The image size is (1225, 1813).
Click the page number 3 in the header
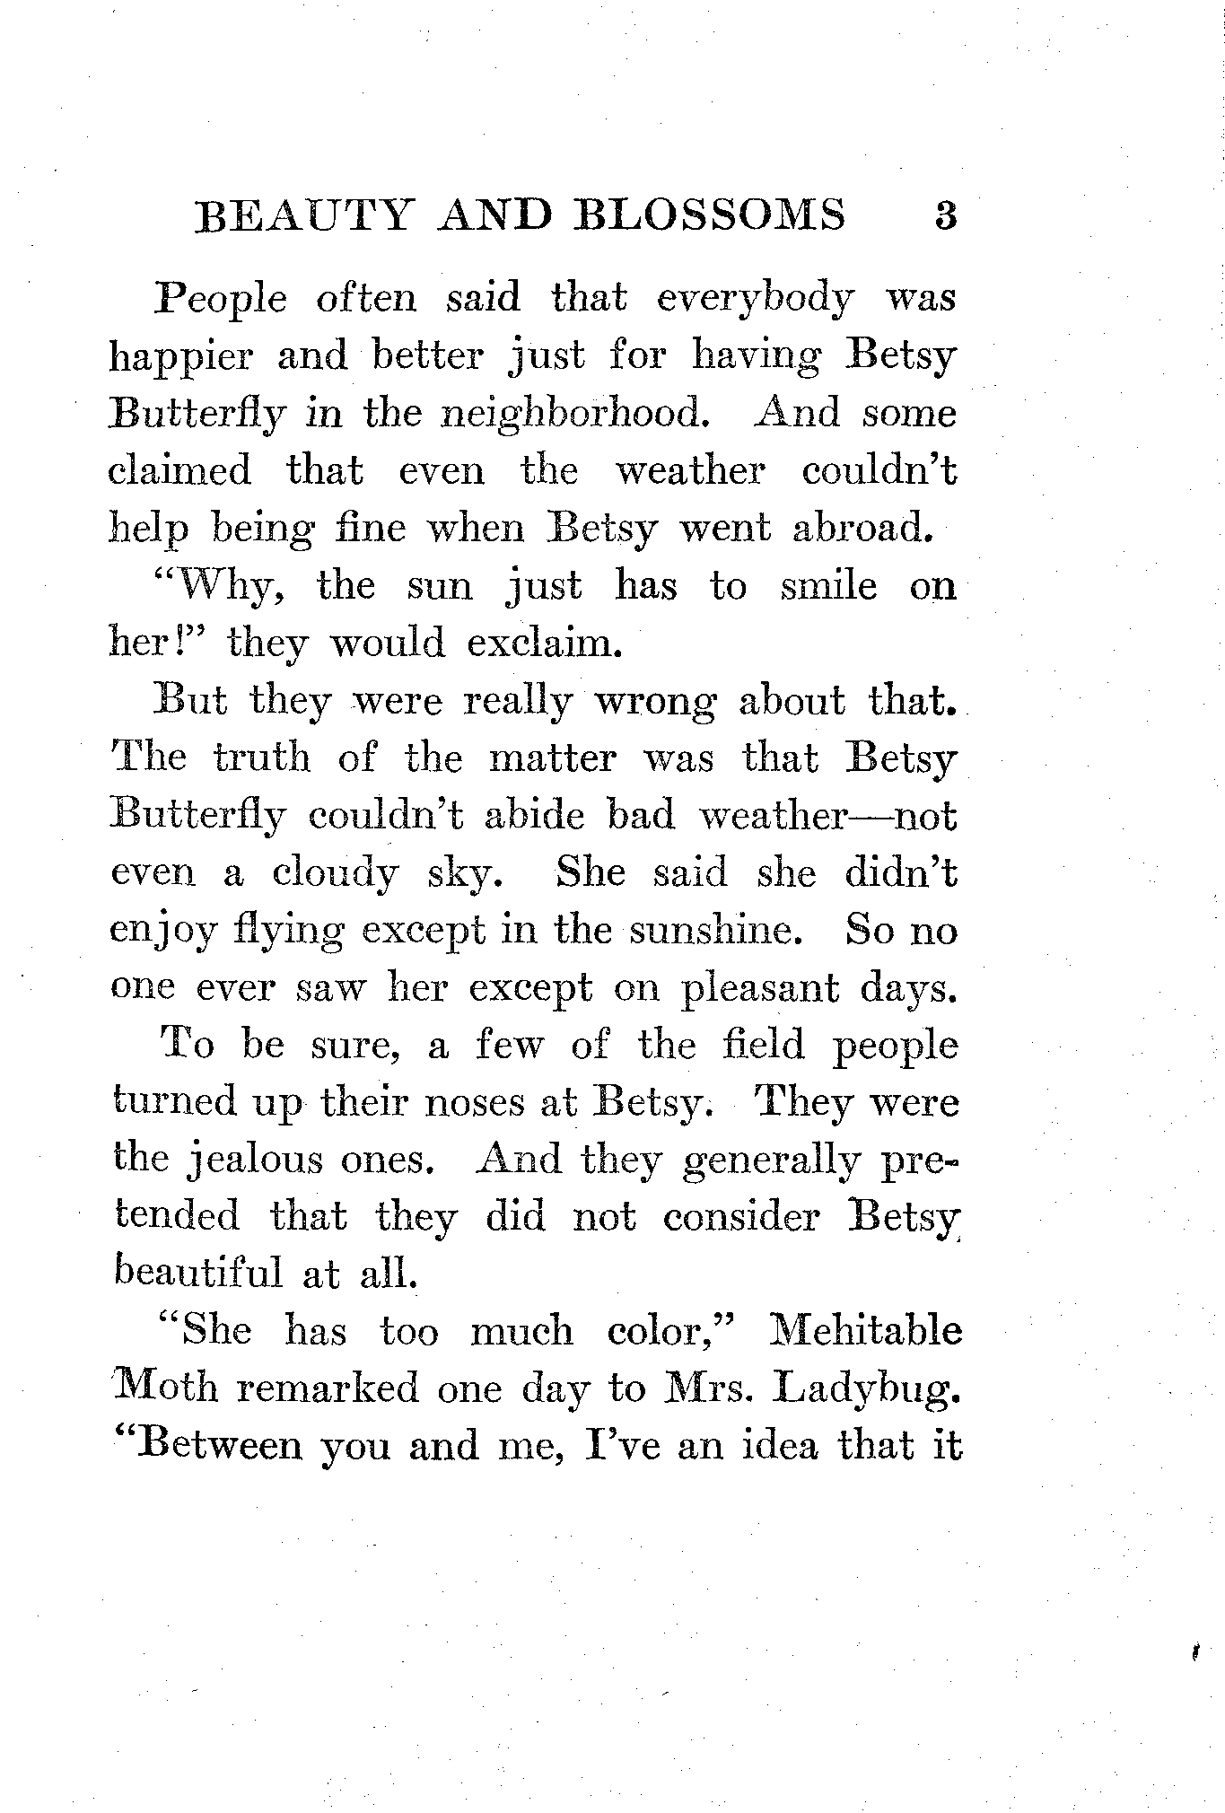click(945, 217)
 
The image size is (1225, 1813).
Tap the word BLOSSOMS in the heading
click(709, 217)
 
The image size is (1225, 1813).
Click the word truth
click(262, 758)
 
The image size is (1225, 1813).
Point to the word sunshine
click(713, 931)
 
